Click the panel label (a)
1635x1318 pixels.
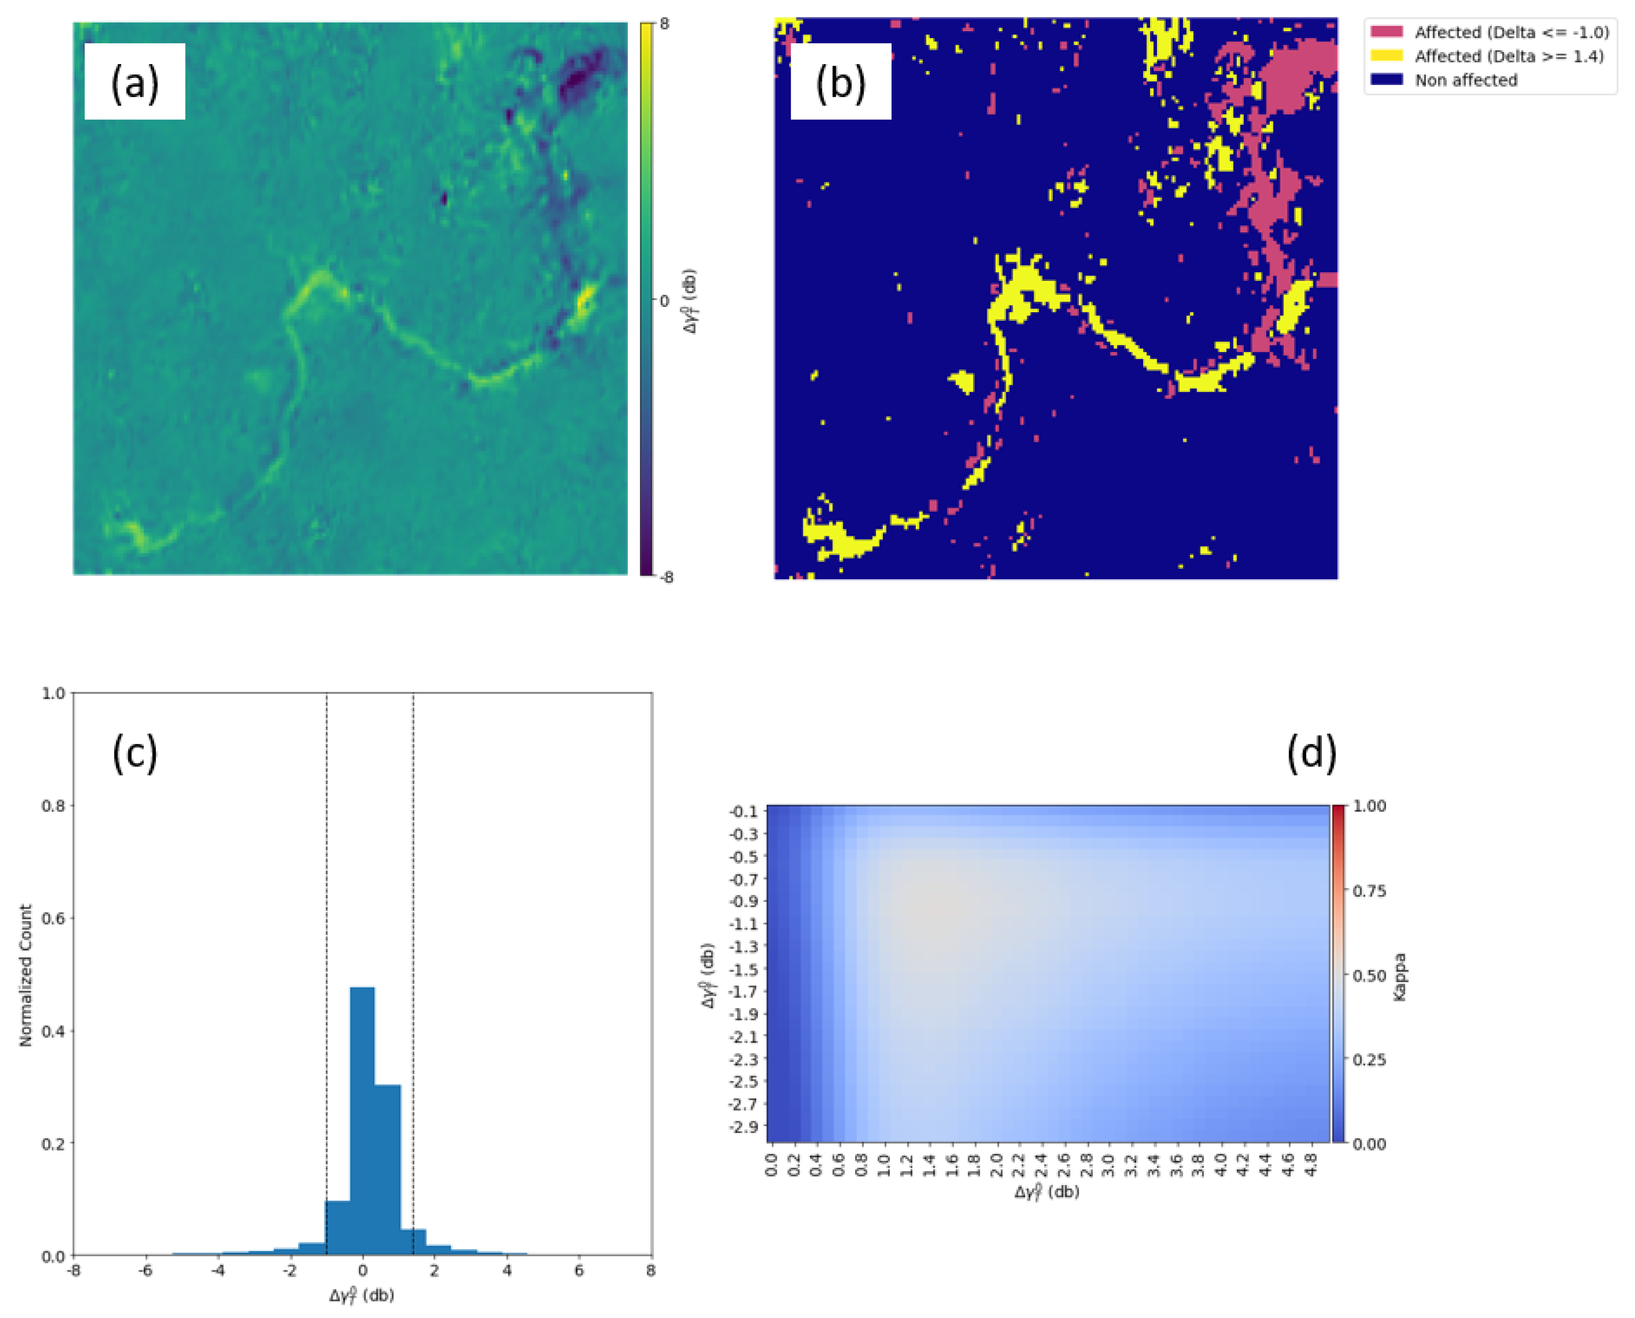[x=134, y=82]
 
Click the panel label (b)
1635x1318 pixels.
[x=840, y=82]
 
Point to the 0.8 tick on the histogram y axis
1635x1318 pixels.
[x=53, y=805]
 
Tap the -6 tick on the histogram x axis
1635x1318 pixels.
[x=146, y=1271]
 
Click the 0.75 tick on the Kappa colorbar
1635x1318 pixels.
[x=1369, y=891]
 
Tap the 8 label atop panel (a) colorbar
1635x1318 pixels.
[x=664, y=23]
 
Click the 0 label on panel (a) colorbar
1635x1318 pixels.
[x=664, y=300]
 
